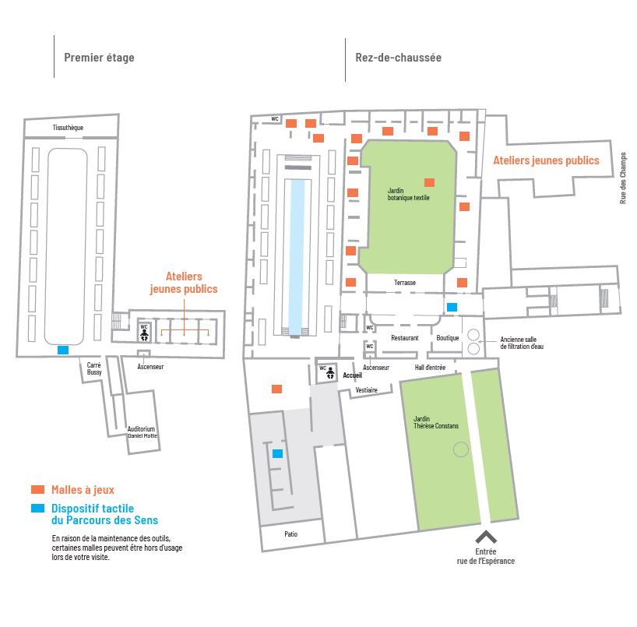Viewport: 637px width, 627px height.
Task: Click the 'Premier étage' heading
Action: (99, 58)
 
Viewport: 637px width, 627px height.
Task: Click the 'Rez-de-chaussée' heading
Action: (398, 58)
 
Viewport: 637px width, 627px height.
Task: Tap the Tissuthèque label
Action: (68, 127)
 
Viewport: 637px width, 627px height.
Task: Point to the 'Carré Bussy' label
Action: (94, 368)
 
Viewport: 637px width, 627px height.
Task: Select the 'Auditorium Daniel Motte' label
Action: (142, 432)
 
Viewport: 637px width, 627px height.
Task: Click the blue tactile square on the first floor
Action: (63, 350)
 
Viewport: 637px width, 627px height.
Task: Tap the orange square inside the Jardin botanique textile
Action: (429, 182)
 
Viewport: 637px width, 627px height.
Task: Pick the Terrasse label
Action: (405, 282)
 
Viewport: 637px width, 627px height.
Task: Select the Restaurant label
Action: (405, 338)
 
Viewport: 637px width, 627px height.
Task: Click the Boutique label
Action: (447, 338)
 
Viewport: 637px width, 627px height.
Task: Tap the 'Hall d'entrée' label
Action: (430, 367)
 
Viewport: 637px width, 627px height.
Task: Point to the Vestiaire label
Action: (365, 389)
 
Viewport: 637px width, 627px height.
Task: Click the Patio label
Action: (290, 534)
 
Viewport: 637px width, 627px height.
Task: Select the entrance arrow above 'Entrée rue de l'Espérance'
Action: (486, 537)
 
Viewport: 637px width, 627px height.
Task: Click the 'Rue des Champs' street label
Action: (623, 177)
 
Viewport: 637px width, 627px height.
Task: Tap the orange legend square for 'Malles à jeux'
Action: (37, 490)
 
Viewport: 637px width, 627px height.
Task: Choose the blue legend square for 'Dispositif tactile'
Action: (37, 509)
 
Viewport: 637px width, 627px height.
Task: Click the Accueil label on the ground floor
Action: (352, 375)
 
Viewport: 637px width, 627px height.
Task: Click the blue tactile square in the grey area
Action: (277, 453)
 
